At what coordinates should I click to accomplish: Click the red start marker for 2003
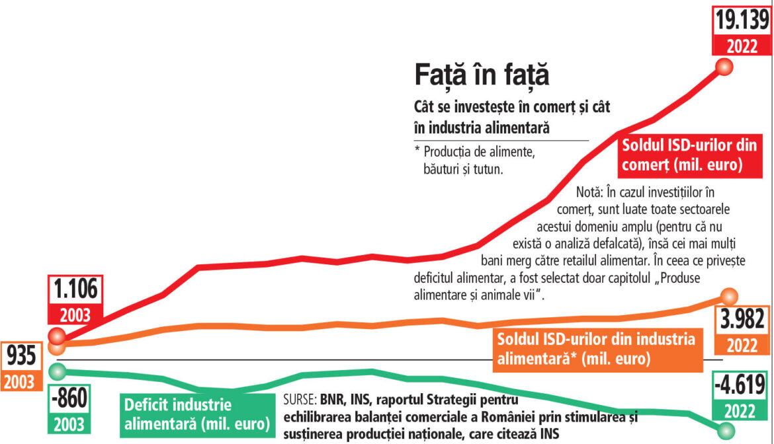point(57,335)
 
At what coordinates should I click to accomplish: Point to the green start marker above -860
point(58,369)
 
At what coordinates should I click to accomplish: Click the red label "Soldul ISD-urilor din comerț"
point(688,155)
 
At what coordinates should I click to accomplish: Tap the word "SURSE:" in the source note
point(300,400)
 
